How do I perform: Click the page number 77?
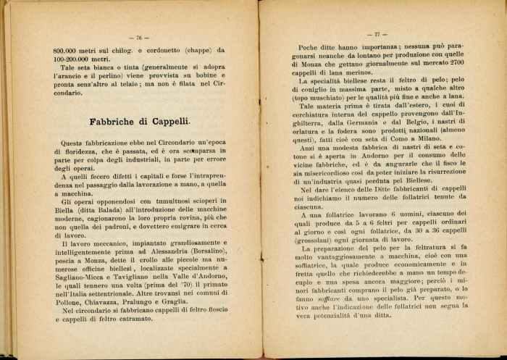(x=377, y=34)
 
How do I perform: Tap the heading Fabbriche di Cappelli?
(x=139, y=122)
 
